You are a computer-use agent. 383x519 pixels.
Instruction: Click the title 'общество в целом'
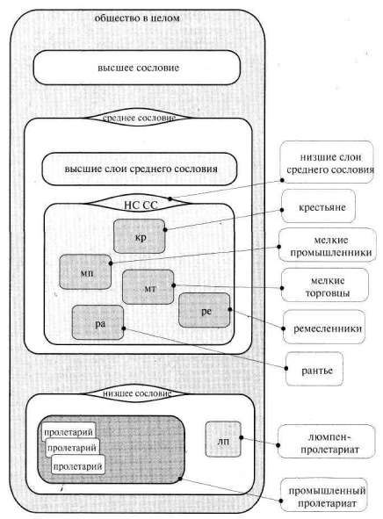(x=137, y=18)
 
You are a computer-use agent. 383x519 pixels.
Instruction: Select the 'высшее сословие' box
(x=137, y=68)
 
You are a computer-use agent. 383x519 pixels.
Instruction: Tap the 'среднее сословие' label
(x=139, y=118)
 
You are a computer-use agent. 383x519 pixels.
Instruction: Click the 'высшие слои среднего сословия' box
(x=140, y=169)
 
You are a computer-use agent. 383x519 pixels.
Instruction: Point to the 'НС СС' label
(x=141, y=205)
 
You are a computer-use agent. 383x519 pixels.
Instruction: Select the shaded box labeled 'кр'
(x=140, y=236)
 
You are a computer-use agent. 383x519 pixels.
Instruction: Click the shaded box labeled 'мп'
(x=85, y=272)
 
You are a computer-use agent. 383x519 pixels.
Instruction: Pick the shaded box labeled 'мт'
(x=148, y=287)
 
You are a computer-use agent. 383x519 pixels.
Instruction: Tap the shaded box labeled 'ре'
(x=205, y=311)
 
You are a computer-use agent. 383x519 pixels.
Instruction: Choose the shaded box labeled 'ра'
(x=98, y=322)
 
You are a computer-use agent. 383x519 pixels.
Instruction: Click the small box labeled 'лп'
(x=223, y=439)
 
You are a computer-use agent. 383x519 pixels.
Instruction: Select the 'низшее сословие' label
(x=137, y=393)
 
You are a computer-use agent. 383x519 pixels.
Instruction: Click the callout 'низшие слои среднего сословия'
(x=327, y=162)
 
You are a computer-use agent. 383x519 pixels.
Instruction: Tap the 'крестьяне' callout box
(x=319, y=206)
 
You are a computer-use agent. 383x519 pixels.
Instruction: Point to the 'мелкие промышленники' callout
(x=328, y=245)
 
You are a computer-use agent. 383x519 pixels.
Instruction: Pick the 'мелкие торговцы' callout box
(x=325, y=285)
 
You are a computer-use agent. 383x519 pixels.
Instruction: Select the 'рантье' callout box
(x=314, y=369)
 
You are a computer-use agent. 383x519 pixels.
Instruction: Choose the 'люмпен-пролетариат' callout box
(x=327, y=442)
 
